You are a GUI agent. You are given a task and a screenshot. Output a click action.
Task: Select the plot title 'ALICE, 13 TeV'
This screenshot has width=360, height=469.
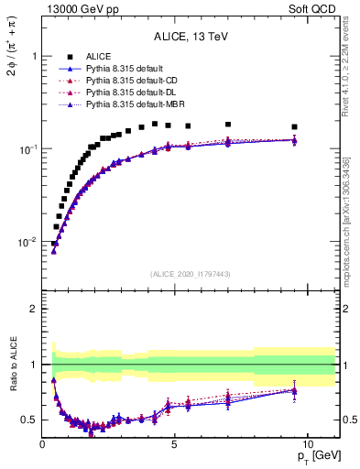pos(191,37)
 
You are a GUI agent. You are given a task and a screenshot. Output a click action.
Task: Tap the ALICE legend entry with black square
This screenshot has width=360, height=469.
pos(101,57)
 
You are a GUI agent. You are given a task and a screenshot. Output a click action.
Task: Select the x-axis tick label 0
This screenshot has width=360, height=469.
pos(43,444)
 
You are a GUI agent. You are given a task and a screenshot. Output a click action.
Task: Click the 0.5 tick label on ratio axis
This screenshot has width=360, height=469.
pos(29,420)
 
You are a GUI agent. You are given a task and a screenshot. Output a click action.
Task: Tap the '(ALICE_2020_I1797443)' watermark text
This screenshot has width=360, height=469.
pos(191,274)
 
